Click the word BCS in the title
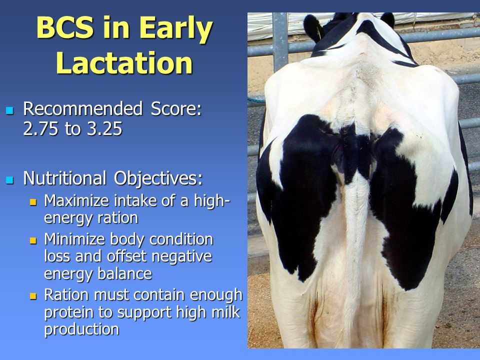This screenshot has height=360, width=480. (x=65, y=27)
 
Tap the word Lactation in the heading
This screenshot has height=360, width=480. (x=124, y=63)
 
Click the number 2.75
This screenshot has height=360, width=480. (x=40, y=128)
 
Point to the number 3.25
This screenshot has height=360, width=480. (x=104, y=128)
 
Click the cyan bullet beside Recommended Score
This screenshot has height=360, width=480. (x=10, y=110)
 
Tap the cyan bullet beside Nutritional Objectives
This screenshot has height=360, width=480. (x=10, y=179)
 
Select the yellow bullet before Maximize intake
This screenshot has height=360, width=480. (x=33, y=202)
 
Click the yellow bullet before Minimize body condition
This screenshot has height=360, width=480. (x=33, y=240)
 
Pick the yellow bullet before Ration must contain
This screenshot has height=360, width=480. (x=33, y=296)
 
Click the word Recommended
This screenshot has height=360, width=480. (x=83, y=108)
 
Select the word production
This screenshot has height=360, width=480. (x=81, y=329)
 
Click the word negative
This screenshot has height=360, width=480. (x=182, y=256)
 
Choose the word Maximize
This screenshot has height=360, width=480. (x=76, y=201)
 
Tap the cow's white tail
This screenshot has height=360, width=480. (x=355, y=245)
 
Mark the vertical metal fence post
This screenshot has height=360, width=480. (x=280, y=41)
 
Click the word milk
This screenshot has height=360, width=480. (x=227, y=312)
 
